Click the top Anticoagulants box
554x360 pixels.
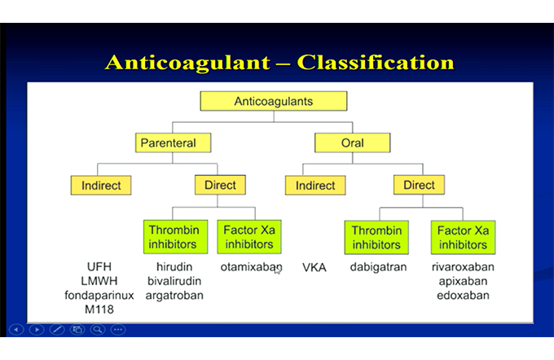tap(274, 101)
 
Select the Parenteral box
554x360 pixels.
tap(173, 143)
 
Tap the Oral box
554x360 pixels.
tap(352, 143)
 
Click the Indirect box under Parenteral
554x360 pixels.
tap(101, 185)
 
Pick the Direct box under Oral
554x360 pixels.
tap(419, 185)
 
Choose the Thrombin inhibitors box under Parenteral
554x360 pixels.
tap(175, 237)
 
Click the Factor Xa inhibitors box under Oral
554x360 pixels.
tap(463, 237)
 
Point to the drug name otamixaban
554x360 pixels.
tap(251, 267)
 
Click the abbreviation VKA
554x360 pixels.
tap(314, 267)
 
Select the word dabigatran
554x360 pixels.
tap(378, 267)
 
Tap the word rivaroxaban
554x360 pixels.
tap(463, 266)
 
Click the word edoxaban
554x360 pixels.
tap(463, 295)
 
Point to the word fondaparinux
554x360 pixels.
tap(99, 296)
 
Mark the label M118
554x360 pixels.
tap(99, 310)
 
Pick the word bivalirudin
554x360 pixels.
tap(174, 281)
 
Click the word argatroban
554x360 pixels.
tap(174, 296)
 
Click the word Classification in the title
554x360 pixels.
tap(376, 63)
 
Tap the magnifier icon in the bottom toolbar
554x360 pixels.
tap(98, 330)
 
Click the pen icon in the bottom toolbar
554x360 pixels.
tap(57, 330)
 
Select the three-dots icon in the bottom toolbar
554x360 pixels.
tap(118, 330)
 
